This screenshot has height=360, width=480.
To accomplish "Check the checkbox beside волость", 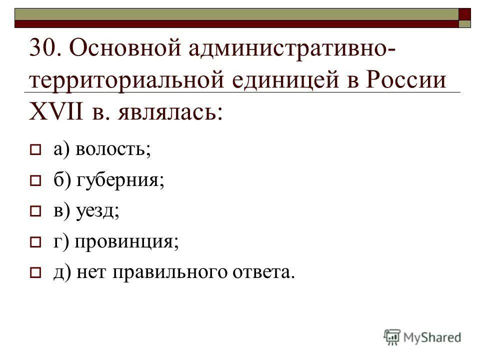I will coord(35,150).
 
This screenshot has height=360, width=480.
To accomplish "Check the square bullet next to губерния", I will coord(35,181).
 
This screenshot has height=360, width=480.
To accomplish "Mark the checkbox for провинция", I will coord(35,243).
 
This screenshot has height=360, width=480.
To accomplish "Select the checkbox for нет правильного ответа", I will coord(35,274).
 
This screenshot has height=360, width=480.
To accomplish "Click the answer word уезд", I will coord(98,211).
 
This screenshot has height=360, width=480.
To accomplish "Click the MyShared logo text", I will coord(432,337).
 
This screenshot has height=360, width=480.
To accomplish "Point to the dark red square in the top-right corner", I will coord(465,13).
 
